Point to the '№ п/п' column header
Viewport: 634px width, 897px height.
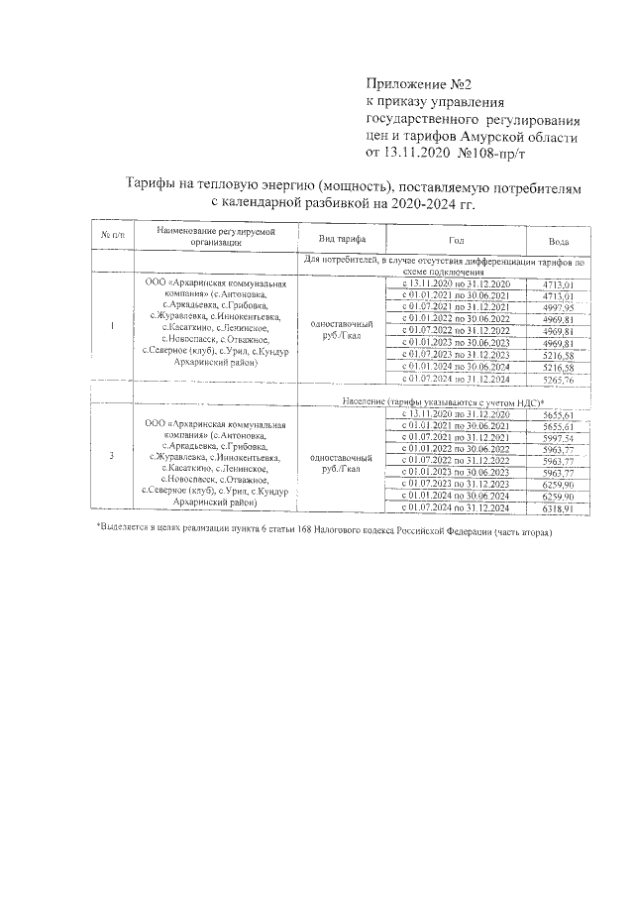point(112,236)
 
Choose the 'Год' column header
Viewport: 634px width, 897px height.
point(456,241)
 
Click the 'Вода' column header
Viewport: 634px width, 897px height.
point(559,242)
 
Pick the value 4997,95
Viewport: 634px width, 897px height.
point(559,307)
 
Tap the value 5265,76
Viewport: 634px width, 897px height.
point(559,379)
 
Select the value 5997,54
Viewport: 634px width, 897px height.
point(559,437)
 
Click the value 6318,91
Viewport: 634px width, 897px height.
point(559,508)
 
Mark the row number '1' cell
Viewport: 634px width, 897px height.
point(112,327)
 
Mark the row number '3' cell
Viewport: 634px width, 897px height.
point(112,456)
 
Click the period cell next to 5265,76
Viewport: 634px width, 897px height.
point(456,379)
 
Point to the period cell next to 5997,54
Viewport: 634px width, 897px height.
point(456,437)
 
